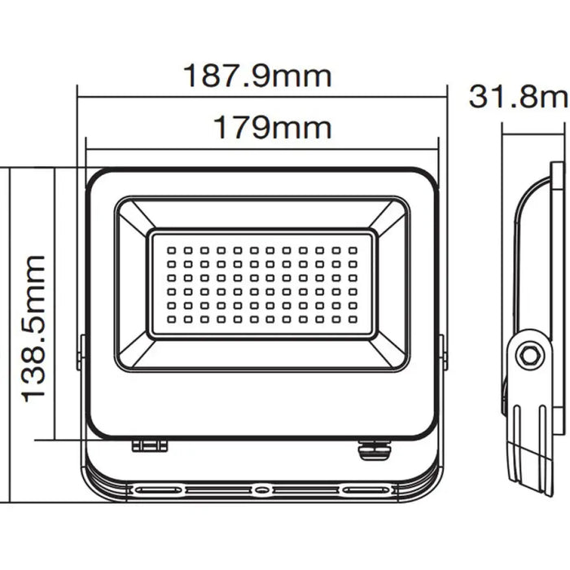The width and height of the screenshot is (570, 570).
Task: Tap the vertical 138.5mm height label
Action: coord(33,327)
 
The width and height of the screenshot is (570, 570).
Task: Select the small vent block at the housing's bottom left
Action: coord(149,445)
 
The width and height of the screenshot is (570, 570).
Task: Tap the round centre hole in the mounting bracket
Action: coord(260,490)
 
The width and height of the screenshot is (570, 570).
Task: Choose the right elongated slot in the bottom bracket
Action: coord(364,490)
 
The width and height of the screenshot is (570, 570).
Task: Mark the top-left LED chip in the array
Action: coord(172,250)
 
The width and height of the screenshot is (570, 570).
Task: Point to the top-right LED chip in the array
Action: coord(353,250)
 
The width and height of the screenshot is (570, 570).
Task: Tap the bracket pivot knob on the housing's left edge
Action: coord(81,352)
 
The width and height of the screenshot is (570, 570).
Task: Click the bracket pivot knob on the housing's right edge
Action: coord(442,352)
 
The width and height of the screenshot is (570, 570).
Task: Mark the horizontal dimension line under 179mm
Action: coord(261,149)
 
